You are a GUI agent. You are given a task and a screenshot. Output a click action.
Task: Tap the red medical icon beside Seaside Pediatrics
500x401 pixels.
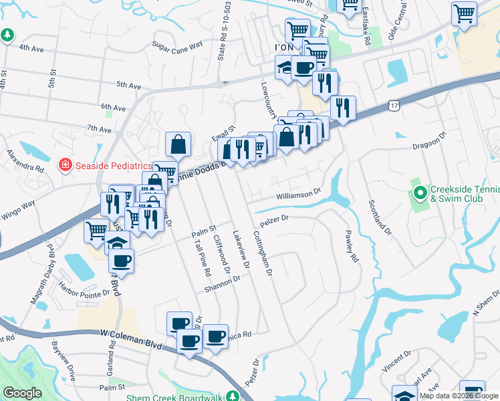(x=66, y=164)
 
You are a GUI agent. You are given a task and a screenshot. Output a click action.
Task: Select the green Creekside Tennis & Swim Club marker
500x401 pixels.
(x=420, y=194)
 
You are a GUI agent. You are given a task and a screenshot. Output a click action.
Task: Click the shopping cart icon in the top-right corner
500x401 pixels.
(x=464, y=13)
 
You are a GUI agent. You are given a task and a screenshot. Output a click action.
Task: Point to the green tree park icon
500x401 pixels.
(x=7, y=35)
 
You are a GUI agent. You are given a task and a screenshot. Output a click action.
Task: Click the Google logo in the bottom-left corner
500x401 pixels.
(x=21, y=393)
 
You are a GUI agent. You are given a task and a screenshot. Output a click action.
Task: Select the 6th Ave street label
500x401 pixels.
(x=113, y=107)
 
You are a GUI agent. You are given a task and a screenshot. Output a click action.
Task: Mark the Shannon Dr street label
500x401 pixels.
(x=223, y=283)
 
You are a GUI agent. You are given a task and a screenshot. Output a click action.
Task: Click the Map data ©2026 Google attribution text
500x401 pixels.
(x=459, y=396)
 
